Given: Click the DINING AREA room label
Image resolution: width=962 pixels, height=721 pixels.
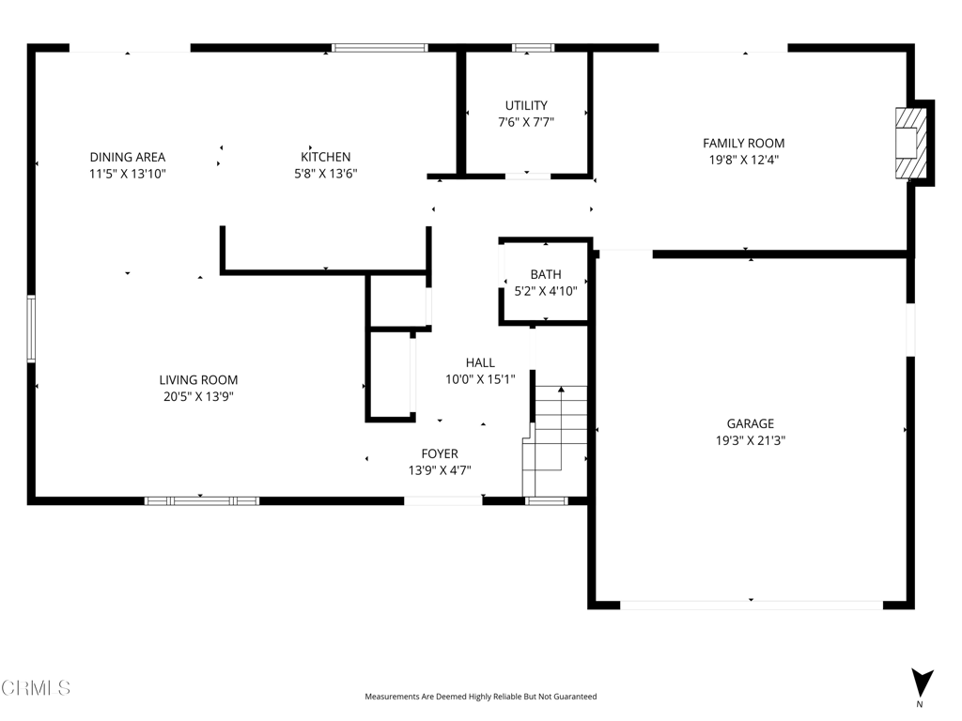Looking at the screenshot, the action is (x=128, y=158).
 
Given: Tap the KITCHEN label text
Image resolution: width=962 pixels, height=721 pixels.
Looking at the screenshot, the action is (x=325, y=157).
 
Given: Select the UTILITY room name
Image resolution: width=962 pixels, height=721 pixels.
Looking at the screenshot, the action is (x=526, y=105).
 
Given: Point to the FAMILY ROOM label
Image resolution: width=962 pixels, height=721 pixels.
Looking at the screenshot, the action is (x=744, y=144).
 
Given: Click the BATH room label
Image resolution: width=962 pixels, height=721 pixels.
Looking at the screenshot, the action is (x=546, y=275).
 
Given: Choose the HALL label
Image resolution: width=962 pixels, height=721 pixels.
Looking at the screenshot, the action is (x=480, y=363).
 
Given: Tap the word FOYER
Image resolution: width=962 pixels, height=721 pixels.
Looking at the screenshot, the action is (x=440, y=453).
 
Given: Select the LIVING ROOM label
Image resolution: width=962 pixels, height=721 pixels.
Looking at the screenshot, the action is (x=198, y=380).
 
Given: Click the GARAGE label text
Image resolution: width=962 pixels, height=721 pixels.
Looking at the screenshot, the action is (x=751, y=423).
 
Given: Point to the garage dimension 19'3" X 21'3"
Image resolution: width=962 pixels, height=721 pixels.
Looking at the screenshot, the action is (x=751, y=440).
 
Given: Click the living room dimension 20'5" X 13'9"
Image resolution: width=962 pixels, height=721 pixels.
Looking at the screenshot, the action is (x=198, y=397).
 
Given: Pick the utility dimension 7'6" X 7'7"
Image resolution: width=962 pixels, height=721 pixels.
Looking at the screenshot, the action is (x=526, y=122).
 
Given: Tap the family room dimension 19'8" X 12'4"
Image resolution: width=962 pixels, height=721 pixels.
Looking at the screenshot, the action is (x=744, y=160).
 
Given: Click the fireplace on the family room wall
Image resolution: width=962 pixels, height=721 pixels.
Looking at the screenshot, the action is (x=911, y=144).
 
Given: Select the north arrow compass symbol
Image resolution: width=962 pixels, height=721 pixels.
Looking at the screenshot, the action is (x=922, y=683).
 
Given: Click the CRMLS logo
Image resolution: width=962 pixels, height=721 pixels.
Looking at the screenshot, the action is (x=36, y=687).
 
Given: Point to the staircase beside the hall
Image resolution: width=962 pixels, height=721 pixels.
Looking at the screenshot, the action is (x=555, y=440).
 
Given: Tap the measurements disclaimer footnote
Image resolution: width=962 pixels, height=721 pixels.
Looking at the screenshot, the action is (x=480, y=697).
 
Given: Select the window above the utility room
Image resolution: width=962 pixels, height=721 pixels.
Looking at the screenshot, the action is (x=534, y=48).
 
